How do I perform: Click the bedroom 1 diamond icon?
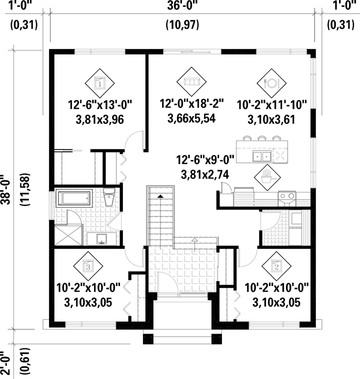click(99, 83)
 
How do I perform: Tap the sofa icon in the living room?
click(191, 81)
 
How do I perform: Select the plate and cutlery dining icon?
click(271, 83)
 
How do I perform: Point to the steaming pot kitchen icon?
click(267, 177)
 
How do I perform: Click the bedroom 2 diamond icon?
click(276, 266)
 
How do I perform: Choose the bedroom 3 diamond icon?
click(88, 266)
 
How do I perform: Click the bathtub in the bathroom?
click(74, 198)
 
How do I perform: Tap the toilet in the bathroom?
click(109, 197)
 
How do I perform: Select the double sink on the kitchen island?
click(262, 156)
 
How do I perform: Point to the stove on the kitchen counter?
click(286, 198)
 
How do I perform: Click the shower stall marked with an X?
click(68, 235)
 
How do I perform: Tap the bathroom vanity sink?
click(102, 239)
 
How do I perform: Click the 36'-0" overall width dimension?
click(182, 5)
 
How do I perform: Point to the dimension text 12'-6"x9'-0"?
click(205, 160)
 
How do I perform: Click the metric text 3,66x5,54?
click(191, 118)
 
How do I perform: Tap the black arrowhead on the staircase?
click(160, 196)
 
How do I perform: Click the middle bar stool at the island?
click(262, 138)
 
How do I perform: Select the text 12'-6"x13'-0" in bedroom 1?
click(100, 105)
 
